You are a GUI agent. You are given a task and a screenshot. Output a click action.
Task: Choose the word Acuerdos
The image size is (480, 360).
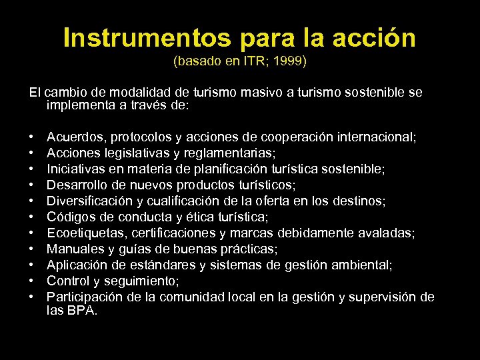[x=75, y=137]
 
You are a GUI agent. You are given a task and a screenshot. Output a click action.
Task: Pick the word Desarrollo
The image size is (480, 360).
[x=75, y=185]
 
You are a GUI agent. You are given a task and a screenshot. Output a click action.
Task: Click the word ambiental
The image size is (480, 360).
[x=365, y=265]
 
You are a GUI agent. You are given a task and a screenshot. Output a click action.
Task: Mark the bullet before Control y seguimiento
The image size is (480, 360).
[x=32, y=281]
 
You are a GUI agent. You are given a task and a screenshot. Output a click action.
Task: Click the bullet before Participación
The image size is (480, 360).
[x=32, y=297]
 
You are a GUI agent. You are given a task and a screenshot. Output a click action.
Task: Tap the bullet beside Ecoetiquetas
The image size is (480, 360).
[x=32, y=233]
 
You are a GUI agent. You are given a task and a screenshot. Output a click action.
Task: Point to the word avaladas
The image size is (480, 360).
[x=389, y=233]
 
